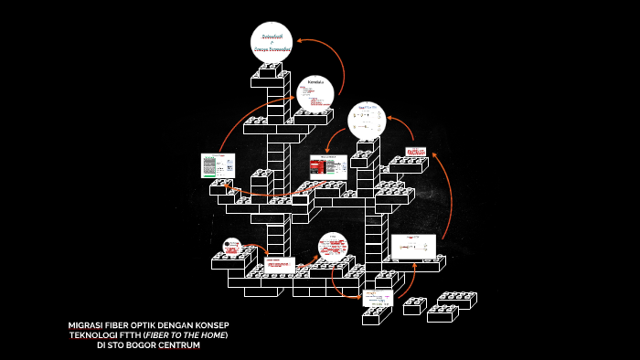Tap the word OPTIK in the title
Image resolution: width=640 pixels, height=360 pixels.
(144, 325)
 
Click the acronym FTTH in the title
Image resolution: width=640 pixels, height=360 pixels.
(140, 335)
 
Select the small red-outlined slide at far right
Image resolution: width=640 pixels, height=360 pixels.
(417, 152)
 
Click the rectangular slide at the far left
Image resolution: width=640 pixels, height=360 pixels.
(218, 165)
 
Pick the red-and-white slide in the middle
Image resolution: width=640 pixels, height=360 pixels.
(325, 166)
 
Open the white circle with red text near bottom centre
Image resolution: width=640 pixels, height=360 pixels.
(333, 248)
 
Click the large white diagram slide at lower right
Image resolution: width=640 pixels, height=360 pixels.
(414, 246)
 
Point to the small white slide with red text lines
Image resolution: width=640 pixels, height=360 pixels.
(280, 266)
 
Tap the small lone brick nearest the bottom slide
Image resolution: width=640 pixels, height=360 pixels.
(415, 305)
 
